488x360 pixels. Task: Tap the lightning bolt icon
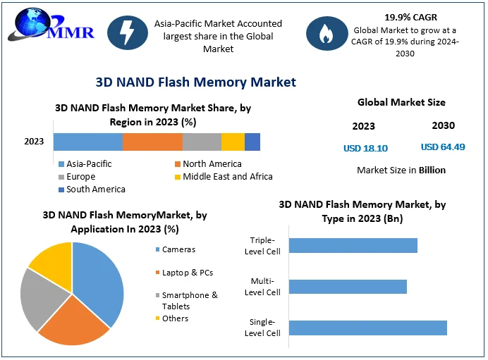(128, 32)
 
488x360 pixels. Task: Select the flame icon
(327, 33)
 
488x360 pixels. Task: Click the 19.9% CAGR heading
(411, 18)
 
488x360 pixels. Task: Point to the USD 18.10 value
(366, 148)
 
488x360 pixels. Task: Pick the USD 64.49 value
(443, 147)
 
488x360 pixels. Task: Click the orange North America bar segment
(152, 142)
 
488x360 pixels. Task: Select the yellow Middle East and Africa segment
(233, 142)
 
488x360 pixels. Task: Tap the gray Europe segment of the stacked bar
(202, 142)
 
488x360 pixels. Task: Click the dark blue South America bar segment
(252, 142)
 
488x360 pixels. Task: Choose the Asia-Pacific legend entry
(85, 164)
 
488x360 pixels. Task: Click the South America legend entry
(92, 190)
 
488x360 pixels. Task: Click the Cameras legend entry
(176, 249)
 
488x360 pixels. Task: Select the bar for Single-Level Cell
(368, 328)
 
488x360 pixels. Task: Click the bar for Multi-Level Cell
(348, 287)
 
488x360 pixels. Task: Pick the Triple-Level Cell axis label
(262, 246)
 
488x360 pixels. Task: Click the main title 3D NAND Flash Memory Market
(196, 82)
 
